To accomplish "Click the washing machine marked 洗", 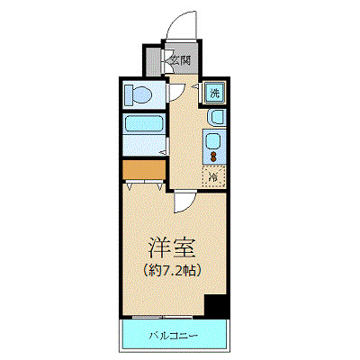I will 215,92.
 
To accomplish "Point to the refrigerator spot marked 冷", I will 214,176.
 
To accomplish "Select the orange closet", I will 140,168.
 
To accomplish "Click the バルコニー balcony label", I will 173,336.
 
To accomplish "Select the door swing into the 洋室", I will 184,202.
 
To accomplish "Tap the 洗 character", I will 215,92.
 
